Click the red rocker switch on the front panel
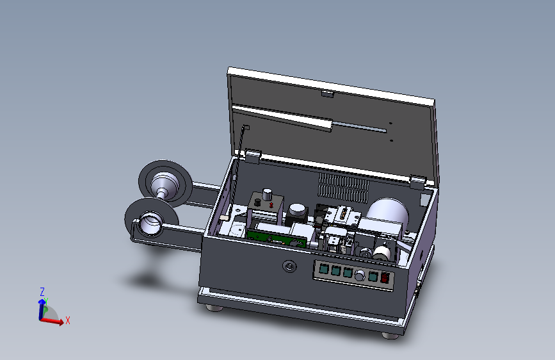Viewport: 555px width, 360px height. click(385, 277)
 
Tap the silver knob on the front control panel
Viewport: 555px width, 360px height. click(360, 275)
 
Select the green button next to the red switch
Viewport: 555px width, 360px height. click(373, 276)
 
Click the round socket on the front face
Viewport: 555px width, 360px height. click(289, 266)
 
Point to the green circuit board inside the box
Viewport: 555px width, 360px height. click(276, 238)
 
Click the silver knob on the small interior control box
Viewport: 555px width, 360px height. click(267, 194)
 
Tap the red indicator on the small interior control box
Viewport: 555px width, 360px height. click(271, 205)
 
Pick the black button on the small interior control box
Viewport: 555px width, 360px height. click(258, 202)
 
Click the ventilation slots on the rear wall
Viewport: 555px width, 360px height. click(343, 188)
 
